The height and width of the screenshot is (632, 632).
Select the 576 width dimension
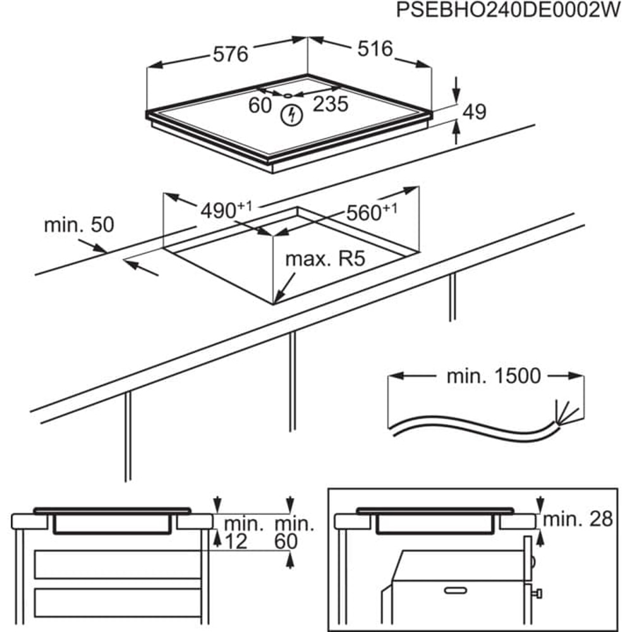pos(229,54)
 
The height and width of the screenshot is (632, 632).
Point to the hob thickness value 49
pos(474,112)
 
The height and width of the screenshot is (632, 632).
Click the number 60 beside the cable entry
pos(260,105)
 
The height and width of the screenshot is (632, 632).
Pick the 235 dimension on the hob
pos(331,104)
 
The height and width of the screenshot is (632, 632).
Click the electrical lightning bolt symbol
pos(291,115)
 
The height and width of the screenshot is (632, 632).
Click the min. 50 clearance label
pos(79,225)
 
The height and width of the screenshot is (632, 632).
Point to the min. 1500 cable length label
pos(494,376)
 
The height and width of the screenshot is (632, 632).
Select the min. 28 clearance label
pos(578,520)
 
